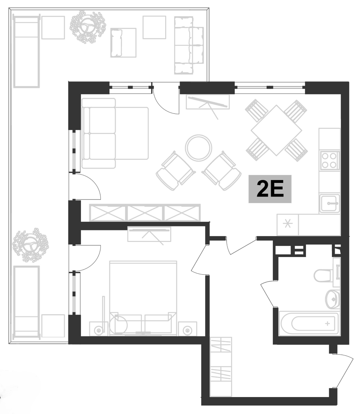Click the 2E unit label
[270, 190]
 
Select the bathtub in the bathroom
[309, 323]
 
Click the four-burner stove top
[329, 161]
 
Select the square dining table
[276, 130]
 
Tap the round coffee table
[198, 148]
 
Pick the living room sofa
[114, 134]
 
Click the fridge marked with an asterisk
[288, 225]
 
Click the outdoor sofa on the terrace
[189, 45]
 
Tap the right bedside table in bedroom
[187, 329]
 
